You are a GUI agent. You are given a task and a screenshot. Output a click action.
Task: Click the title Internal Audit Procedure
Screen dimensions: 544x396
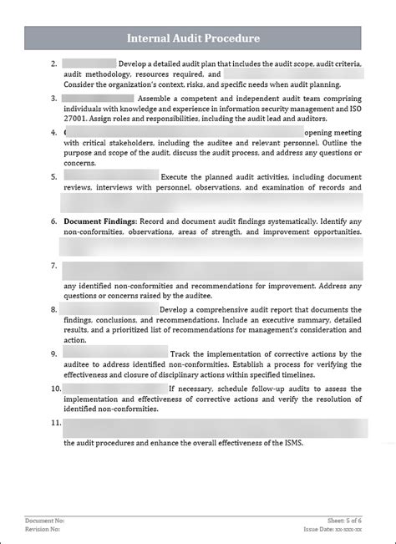(193, 38)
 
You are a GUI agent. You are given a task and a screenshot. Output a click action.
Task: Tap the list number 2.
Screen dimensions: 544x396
(53, 64)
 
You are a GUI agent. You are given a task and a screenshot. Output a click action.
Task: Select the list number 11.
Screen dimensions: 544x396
(55, 423)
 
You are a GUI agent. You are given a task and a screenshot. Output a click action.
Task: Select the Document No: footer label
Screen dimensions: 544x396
(44, 521)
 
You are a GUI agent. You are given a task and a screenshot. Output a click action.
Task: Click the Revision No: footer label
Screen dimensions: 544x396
(43, 529)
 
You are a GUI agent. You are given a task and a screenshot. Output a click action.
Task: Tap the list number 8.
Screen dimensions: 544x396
(53, 309)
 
